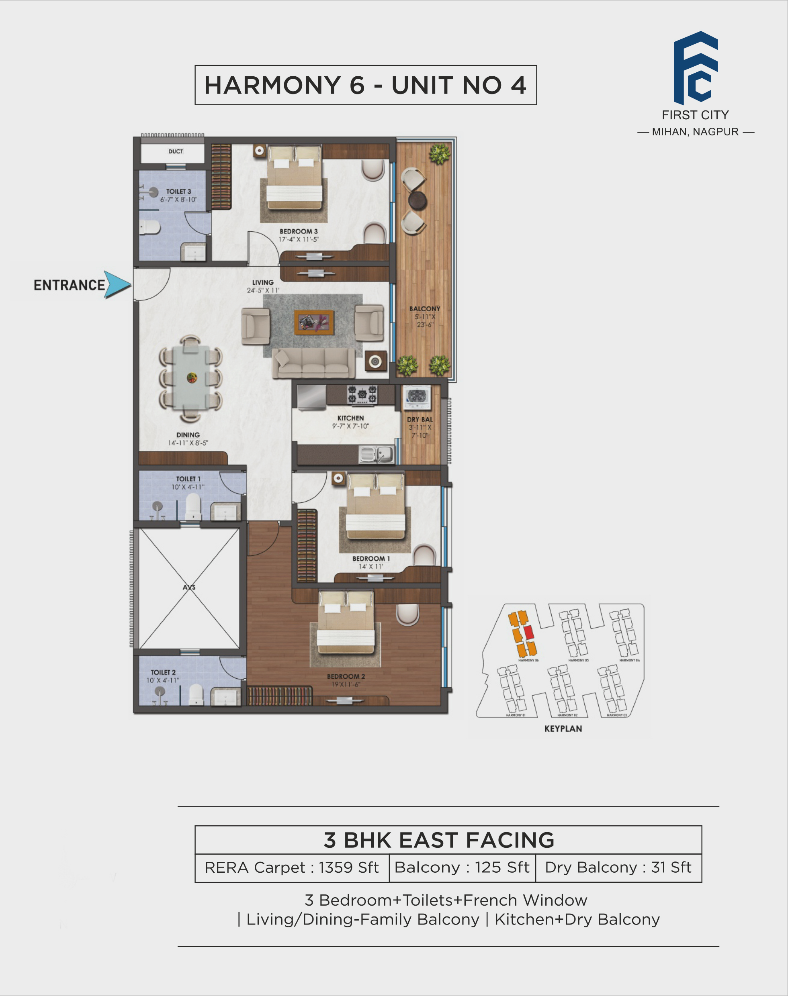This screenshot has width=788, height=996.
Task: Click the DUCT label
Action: [175, 151]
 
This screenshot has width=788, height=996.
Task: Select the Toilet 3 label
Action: [178, 191]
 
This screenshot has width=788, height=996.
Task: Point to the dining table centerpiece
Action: [191, 378]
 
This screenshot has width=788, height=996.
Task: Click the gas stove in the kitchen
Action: [362, 395]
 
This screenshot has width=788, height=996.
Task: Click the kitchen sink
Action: [377, 454]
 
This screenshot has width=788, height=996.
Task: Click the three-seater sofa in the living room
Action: [314, 362]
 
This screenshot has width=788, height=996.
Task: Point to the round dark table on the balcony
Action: [418, 200]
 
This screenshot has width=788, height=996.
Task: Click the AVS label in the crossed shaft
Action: [189, 587]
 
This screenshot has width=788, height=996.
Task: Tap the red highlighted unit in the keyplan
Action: [529, 632]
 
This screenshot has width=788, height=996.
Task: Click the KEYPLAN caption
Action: [563, 729]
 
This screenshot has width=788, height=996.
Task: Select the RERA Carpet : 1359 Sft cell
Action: [292, 867]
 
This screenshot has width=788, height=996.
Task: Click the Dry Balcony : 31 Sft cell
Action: [618, 867]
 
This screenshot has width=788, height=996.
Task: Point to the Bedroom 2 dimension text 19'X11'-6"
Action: [346, 684]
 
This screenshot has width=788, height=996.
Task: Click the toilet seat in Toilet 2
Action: [196, 694]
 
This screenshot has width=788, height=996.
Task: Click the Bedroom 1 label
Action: [371, 558]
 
